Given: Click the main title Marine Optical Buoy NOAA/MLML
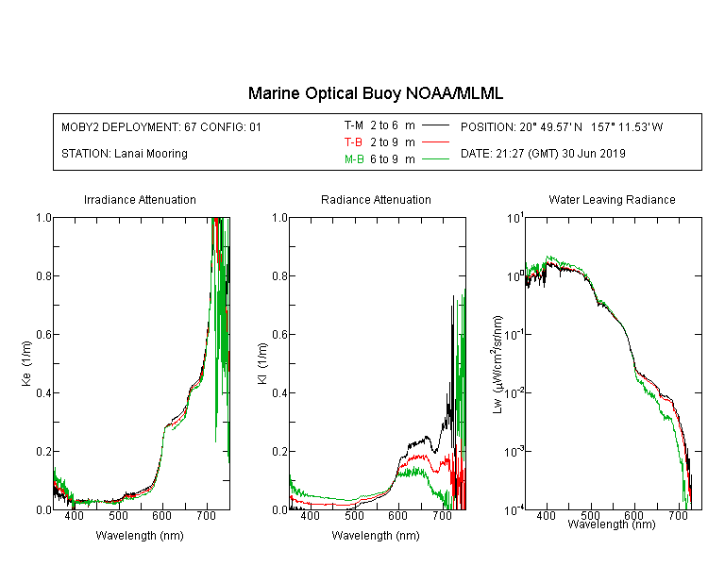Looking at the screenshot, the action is coord(375,93).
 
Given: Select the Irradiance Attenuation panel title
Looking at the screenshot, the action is coord(140,199).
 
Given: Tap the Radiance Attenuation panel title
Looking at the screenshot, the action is coord(376,199).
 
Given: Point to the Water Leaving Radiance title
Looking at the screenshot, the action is coord(612,199).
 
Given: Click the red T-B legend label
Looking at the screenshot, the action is coord(353,142).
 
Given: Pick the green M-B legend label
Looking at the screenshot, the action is coord(354,158).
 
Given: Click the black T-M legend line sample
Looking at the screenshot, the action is coord(435,125).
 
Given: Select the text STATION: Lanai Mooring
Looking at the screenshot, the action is coord(125,154).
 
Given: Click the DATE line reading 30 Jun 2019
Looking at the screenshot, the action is coord(543,154).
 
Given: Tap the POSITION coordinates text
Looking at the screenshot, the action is coord(562,126).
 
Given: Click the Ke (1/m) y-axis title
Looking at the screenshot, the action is coord(26,363).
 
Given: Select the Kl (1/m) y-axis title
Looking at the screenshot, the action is coord(262,363).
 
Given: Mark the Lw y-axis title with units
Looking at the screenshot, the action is coord(497,364).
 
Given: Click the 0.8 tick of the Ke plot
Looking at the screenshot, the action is coord(43,275).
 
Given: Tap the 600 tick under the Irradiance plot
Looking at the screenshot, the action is coord(162,515).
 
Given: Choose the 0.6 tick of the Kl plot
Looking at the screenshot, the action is coord(279,335).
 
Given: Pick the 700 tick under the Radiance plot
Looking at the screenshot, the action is coord(442,515).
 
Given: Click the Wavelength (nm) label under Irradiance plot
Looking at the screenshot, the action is coord(140,536).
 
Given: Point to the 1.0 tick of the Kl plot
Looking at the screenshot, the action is coord(279,218).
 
